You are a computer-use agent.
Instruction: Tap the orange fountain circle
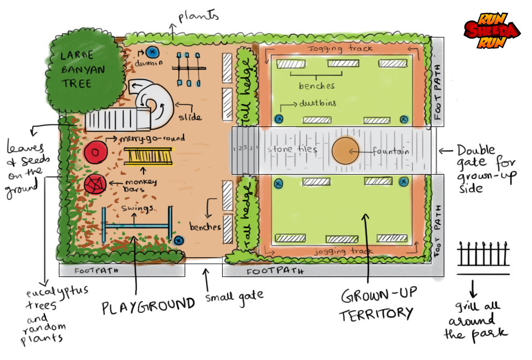coord(346,152)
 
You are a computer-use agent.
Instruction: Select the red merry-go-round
coord(95,153)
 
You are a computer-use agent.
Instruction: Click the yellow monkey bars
coord(145,156)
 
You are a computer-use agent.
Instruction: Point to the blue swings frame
coord(136,226)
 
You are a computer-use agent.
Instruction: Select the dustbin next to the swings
coord(179,241)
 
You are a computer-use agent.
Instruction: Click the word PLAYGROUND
coord(149,305)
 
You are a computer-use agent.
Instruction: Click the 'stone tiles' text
coord(292,149)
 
